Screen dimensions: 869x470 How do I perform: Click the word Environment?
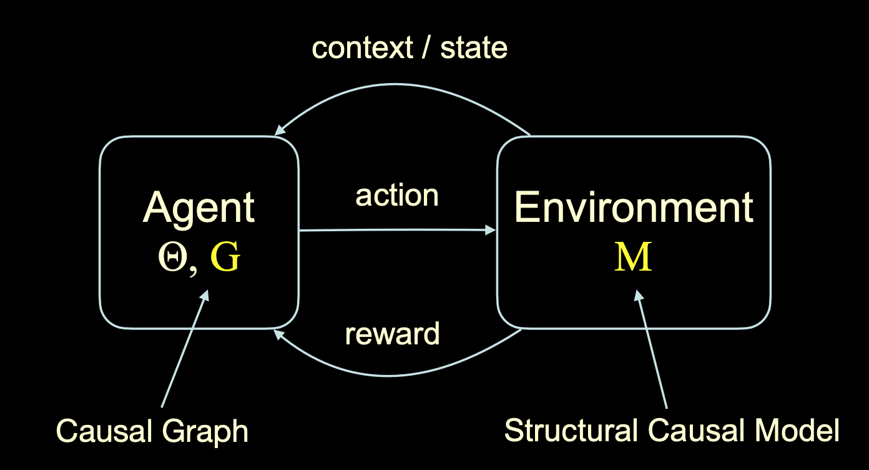tap(634, 207)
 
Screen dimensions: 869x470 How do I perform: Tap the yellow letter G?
tap(225, 256)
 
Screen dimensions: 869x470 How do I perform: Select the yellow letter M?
tap(633, 256)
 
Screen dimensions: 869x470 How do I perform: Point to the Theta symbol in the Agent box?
tap(173, 257)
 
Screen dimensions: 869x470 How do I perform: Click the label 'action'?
tap(397, 196)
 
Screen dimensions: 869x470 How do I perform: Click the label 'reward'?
tap(392, 334)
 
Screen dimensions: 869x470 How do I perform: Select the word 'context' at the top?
tap(362, 48)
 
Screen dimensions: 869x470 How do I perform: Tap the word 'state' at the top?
tap(474, 48)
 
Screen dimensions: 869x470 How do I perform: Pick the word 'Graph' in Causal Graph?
tap(205, 432)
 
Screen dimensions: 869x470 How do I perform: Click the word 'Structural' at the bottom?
tap(571, 430)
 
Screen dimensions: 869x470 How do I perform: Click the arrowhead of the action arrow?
tap(490, 231)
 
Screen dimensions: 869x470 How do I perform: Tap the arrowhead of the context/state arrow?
tap(279, 131)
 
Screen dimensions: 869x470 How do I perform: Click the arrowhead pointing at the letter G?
tap(205, 295)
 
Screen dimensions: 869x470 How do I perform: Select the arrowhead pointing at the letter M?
tap(638, 295)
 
